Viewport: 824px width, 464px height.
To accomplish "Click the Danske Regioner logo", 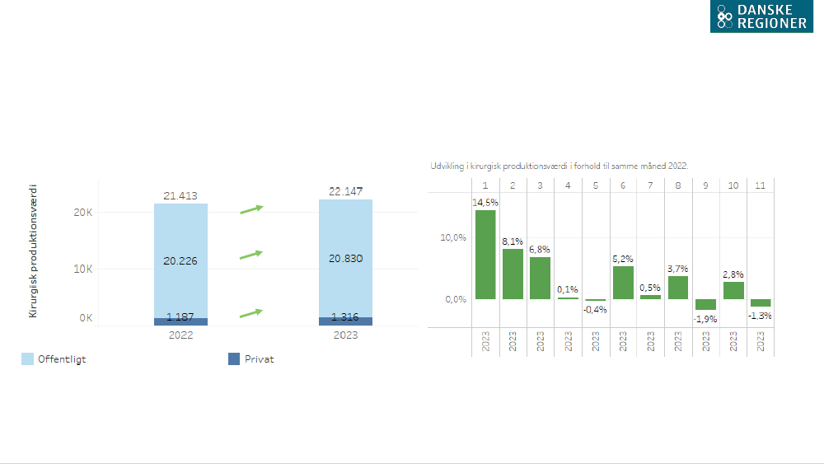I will click(761, 16).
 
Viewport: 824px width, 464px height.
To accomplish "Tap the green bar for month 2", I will click(513, 274).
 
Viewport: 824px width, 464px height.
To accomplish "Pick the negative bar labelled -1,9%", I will click(705, 304).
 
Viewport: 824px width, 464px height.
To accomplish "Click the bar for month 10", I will click(733, 290).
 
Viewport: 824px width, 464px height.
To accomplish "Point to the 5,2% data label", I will click(623, 259).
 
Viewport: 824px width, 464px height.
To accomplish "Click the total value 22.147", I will click(345, 192).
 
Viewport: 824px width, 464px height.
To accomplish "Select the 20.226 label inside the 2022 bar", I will click(180, 260).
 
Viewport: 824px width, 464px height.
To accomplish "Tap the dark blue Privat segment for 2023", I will click(345, 321).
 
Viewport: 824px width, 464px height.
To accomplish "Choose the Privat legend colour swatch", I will click(233, 359).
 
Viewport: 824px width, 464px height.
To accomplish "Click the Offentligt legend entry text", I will click(62, 359).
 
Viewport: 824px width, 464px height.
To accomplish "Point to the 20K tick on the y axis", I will click(84, 212).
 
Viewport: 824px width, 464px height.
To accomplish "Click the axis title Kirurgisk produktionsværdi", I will click(34, 251).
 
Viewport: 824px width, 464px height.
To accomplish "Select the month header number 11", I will click(760, 185).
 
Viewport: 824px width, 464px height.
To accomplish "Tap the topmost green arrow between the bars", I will click(251, 209).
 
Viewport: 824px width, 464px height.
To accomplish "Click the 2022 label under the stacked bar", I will click(180, 335).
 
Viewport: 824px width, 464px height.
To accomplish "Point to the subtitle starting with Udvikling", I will click(559, 166).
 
